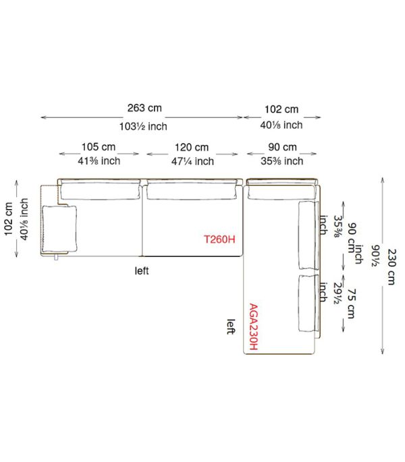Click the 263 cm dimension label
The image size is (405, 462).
(x=144, y=108)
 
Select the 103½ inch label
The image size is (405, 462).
(x=143, y=126)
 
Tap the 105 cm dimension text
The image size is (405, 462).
(x=99, y=147)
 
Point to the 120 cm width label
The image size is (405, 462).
(x=192, y=147)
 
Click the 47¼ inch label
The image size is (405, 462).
(x=192, y=161)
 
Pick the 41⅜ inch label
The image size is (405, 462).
(x=99, y=161)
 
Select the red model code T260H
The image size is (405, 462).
(x=220, y=239)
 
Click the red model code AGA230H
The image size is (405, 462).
(x=254, y=326)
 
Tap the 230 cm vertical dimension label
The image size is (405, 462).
(x=391, y=267)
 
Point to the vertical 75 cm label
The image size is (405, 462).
(x=351, y=304)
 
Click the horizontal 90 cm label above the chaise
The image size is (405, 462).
(x=282, y=147)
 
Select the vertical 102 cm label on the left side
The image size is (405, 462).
(x=9, y=219)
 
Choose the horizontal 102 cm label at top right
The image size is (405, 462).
(x=281, y=109)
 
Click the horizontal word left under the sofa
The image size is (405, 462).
(x=142, y=270)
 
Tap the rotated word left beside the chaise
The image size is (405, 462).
(x=232, y=326)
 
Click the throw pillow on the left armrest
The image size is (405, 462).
(x=59, y=229)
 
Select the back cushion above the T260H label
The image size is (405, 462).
(x=192, y=191)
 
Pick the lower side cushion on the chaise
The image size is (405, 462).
(x=308, y=304)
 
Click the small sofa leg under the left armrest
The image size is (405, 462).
(x=56, y=257)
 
